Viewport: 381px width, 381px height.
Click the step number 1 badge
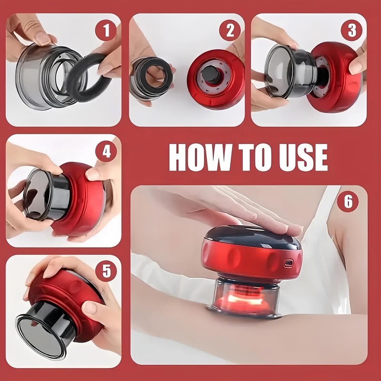[x=106, y=30]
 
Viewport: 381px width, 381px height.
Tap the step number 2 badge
[x=230, y=30]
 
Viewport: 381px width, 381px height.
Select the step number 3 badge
[x=351, y=30]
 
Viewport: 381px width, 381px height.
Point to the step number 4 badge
[x=106, y=151]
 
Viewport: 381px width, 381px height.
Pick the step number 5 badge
[x=106, y=271]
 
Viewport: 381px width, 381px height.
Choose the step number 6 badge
[x=348, y=201]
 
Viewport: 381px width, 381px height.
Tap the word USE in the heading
[x=303, y=158]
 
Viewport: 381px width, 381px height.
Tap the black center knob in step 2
[x=211, y=74]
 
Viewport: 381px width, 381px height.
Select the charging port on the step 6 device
[x=288, y=263]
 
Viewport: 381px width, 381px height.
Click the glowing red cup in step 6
[x=245, y=299]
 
